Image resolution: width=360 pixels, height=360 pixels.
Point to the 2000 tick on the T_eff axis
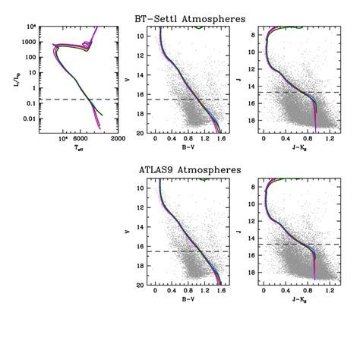pos(118,139)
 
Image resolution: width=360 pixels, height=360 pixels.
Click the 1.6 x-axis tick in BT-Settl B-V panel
pos(221,139)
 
